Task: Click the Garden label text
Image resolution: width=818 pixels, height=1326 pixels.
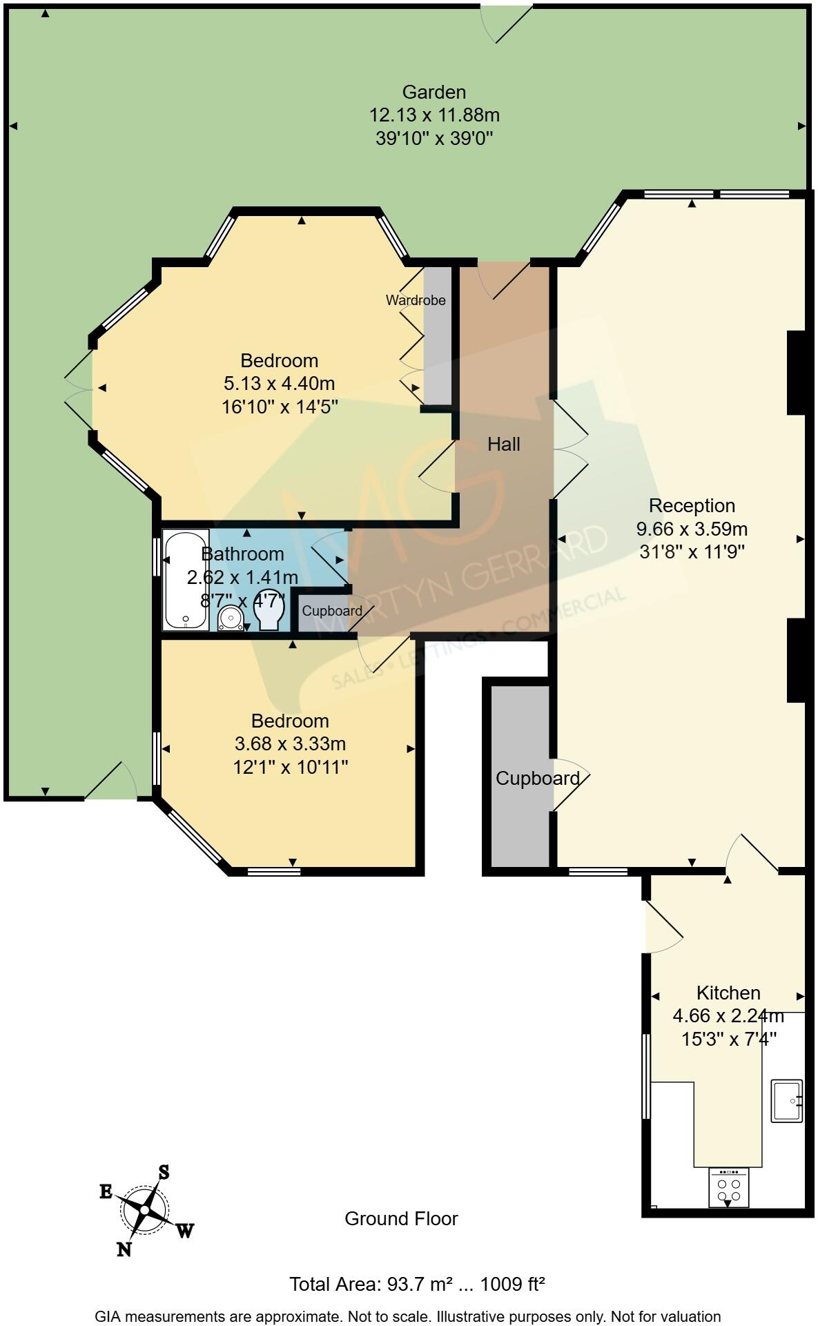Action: [x=434, y=92]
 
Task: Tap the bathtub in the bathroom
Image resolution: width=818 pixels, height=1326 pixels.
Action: [x=185, y=580]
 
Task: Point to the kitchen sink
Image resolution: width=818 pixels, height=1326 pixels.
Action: [x=786, y=1100]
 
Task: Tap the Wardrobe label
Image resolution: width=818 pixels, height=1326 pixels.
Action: [x=415, y=300]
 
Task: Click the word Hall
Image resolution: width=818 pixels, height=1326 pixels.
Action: [x=503, y=445]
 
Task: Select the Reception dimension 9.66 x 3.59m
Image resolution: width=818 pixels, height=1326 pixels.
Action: [x=691, y=529]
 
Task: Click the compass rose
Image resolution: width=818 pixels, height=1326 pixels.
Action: [x=144, y=1209]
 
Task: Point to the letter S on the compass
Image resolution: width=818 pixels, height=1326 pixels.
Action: [x=164, y=1172]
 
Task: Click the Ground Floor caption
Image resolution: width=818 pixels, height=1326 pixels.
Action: [x=401, y=1219]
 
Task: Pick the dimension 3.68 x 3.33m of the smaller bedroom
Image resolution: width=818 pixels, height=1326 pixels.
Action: [x=290, y=744]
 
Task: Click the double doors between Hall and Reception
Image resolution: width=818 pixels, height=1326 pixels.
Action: [x=570, y=449]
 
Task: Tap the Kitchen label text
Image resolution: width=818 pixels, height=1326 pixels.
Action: [x=728, y=993]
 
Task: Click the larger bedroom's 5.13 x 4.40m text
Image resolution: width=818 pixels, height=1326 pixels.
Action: [x=279, y=384]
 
